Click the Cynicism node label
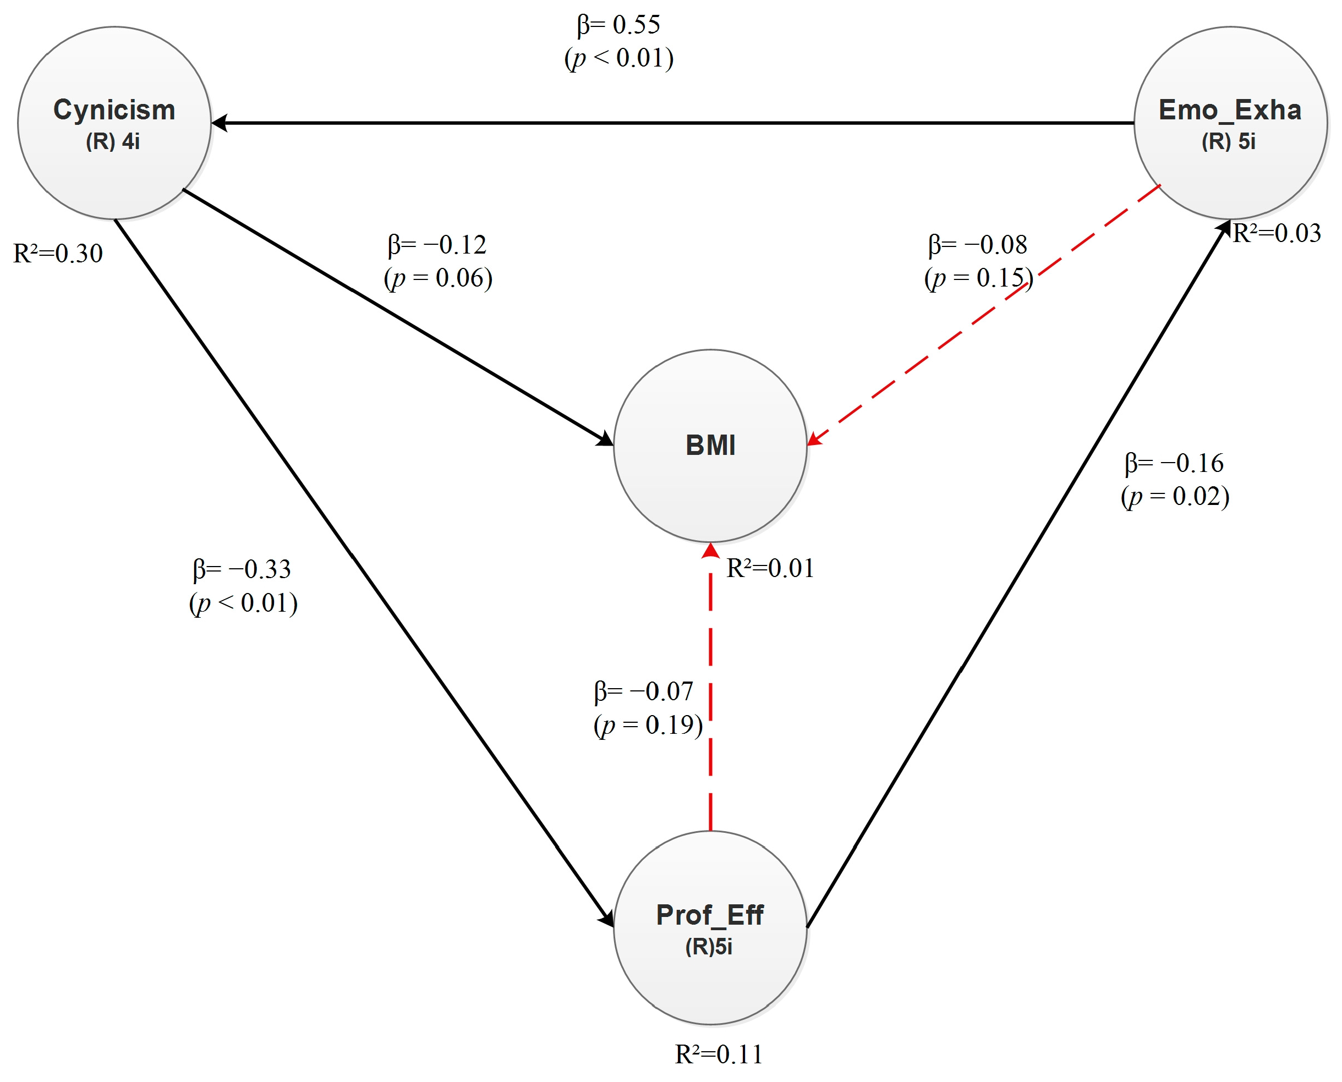pos(114,111)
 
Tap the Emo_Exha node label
pos(1229,111)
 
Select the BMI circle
pos(710,446)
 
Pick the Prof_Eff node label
pos(709,915)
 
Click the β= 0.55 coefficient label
pos(618,25)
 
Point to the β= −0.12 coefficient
pos(436,245)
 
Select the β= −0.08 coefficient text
pos(977,245)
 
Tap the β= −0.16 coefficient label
pos(1174,463)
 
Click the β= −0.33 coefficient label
pos(242,569)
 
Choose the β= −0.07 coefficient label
pos(643,691)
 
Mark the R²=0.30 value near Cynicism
pos(58,254)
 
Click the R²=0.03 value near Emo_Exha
pos(1277,233)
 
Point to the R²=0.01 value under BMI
pos(770,568)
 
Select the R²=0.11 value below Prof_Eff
pos(718,1054)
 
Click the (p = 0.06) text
pos(438,278)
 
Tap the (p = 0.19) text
pos(648,725)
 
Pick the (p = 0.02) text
pos(1175,497)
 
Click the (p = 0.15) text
pos(979,278)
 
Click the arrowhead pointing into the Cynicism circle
pos(220,123)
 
